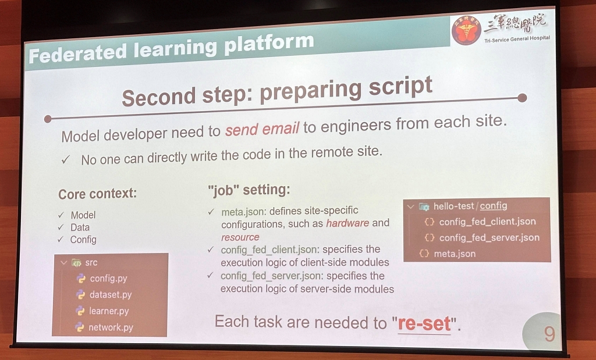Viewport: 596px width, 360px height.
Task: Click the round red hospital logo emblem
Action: pos(466,30)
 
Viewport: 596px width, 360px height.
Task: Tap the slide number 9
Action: pos(549,334)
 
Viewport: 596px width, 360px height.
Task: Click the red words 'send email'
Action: pos(262,129)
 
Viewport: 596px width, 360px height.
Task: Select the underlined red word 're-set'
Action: pos(424,324)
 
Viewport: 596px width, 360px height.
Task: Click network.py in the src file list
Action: pos(111,327)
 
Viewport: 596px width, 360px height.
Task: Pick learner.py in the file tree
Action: pos(109,311)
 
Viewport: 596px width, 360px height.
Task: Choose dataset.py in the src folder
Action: pos(111,295)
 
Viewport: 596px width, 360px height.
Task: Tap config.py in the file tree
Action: pos(108,279)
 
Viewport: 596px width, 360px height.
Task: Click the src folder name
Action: pos(91,262)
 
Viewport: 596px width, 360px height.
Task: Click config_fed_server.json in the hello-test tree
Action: pos(489,238)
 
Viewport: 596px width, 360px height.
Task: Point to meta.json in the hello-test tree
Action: pos(455,254)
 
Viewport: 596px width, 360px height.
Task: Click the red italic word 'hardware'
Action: pos(347,223)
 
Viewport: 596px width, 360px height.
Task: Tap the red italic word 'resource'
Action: pos(240,237)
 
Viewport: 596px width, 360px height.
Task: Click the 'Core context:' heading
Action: pos(97,194)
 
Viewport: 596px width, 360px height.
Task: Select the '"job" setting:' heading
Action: pos(249,189)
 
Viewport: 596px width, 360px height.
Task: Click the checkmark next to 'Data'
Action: pos(61,227)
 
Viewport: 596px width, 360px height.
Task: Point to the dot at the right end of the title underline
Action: pos(522,98)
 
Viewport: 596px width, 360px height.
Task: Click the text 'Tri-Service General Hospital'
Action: pos(517,39)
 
